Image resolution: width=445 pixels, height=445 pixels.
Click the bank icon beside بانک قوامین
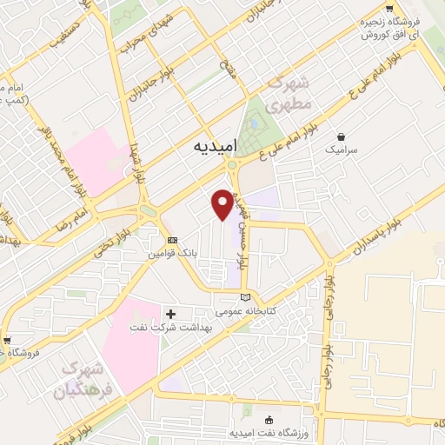click(x=172, y=241)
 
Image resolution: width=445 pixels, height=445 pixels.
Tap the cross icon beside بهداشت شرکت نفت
click(x=170, y=313)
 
